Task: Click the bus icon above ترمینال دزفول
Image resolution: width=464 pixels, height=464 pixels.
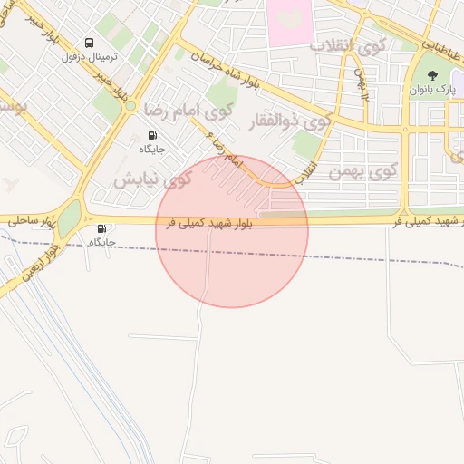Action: pyautogui.click(x=89, y=43)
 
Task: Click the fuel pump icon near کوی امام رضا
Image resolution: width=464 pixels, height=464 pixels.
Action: pyautogui.click(x=151, y=135)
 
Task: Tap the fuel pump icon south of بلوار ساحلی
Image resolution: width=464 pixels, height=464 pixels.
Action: pyautogui.click(x=101, y=229)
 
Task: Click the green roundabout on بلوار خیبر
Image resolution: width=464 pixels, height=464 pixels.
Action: pyautogui.click(x=130, y=106)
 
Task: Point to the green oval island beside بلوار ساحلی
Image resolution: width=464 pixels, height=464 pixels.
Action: pyautogui.click(x=70, y=217)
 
